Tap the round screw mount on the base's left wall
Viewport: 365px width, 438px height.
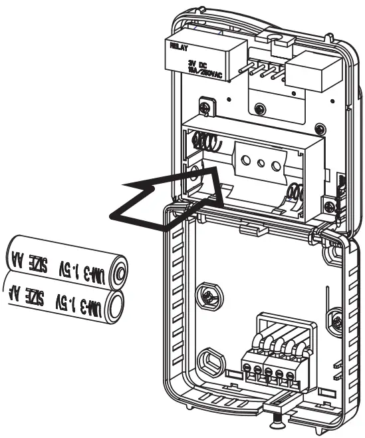(209, 295)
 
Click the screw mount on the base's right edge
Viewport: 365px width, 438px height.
(338, 322)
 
